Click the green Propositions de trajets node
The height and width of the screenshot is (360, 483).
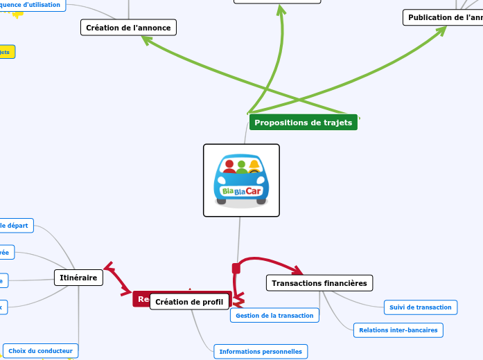[303, 123]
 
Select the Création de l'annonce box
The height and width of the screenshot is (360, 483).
[128, 27]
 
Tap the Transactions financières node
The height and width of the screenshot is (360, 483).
[319, 282]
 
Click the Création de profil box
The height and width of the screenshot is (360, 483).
[189, 302]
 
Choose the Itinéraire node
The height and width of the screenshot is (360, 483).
[78, 278]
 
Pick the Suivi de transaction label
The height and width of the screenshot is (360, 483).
[420, 307]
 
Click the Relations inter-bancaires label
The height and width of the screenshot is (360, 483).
[398, 330]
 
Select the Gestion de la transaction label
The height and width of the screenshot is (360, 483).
[274, 315]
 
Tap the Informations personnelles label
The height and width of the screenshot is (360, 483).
[260, 352]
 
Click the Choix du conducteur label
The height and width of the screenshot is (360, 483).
[40, 350]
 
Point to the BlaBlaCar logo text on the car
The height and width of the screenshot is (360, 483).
[241, 190]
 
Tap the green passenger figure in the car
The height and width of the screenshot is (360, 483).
[242, 167]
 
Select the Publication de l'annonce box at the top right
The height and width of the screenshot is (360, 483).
[444, 17]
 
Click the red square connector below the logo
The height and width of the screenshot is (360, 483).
[236, 268]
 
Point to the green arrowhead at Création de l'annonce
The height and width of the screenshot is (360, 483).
[146, 41]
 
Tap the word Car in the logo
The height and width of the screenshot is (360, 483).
[255, 190]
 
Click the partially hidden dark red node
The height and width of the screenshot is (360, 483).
[141, 299]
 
